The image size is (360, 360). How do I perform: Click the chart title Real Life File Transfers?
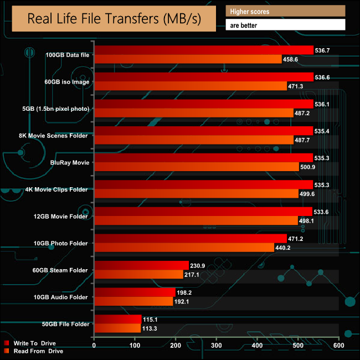pyautogui.click(x=114, y=19)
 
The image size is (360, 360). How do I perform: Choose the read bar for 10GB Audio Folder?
pyautogui.click(x=133, y=302)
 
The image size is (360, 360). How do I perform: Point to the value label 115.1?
pyautogui.click(x=151, y=319)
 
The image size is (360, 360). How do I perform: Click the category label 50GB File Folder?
pyautogui.click(x=65, y=324)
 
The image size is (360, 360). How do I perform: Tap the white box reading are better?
pyautogui.click(x=286, y=25)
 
